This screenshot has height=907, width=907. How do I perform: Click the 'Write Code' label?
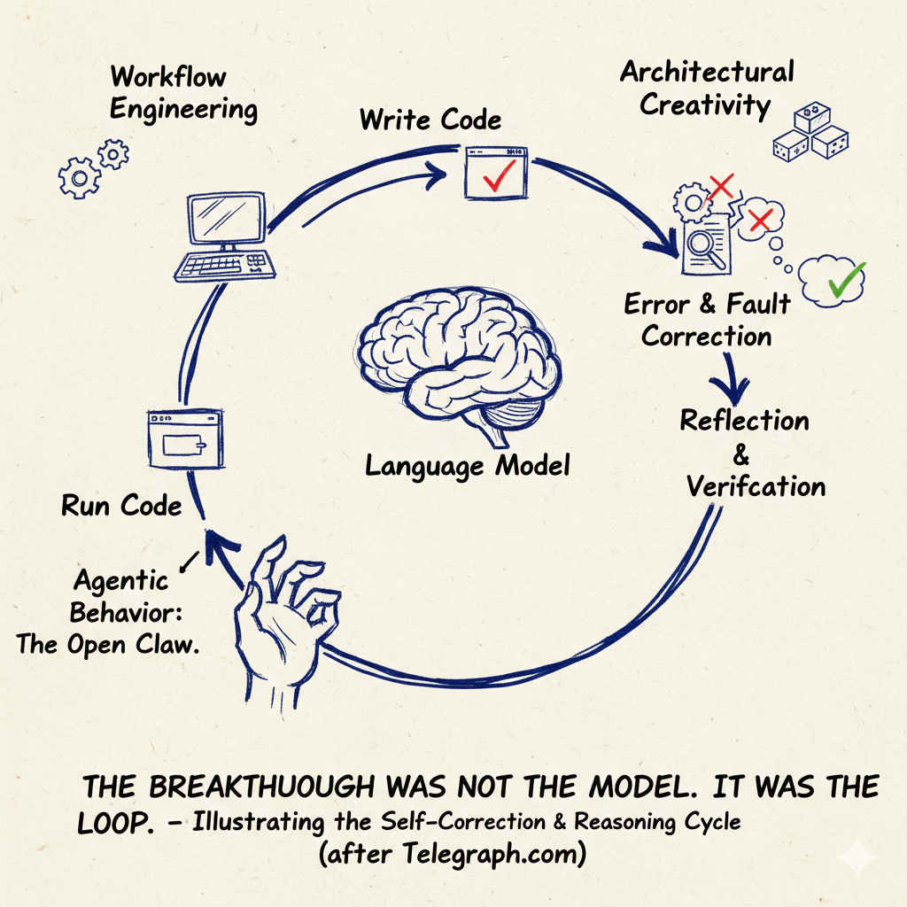tap(430, 120)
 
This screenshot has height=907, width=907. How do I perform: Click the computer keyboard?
tap(221, 263)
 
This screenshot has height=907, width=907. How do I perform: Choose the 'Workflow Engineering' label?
tap(183, 92)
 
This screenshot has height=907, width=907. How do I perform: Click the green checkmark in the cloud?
tap(844, 280)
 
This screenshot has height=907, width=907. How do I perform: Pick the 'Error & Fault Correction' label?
tap(707, 320)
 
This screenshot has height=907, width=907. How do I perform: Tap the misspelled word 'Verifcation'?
tap(756, 485)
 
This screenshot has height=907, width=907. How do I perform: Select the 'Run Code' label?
tap(121, 507)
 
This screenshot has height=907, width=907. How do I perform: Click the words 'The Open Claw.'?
tap(107, 644)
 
